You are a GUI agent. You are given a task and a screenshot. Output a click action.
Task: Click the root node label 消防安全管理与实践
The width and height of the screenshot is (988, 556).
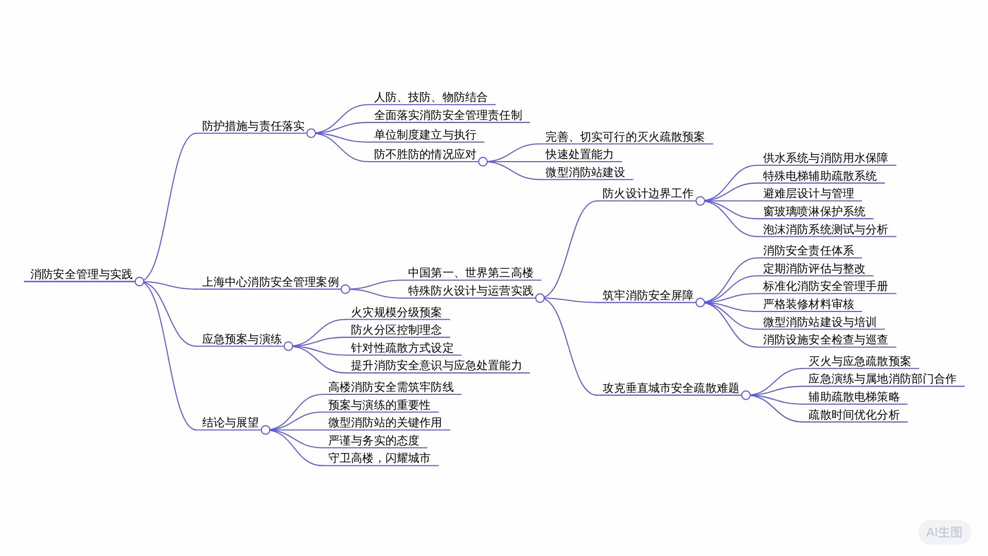[x=81, y=274]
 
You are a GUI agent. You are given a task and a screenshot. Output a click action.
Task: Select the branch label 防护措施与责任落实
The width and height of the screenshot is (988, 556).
[x=253, y=126]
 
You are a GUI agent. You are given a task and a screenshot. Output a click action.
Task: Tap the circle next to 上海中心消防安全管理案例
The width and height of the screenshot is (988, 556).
[x=345, y=289]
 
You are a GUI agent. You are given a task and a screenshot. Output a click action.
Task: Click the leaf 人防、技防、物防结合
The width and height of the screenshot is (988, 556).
[x=431, y=97]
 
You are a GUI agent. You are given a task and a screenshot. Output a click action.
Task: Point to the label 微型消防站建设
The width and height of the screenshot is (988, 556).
[x=585, y=172]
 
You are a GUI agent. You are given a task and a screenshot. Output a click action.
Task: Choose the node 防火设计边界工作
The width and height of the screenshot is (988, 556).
[x=648, y=194]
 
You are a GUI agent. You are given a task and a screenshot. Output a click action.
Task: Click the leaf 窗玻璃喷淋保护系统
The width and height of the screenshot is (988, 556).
[x=814, y=212]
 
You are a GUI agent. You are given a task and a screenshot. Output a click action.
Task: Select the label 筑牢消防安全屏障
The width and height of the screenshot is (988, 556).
[x=648, y=296]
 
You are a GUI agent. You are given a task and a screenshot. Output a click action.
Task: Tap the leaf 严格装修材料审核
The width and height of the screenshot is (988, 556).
[x=808, y=304]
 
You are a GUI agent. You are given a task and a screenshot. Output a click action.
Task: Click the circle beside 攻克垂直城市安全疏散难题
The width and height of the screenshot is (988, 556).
[x=746, y=395]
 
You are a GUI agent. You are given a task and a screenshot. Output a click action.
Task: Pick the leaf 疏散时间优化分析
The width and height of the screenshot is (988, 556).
[x=854, y=415]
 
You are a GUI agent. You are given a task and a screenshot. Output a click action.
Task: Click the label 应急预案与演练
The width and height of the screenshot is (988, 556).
[x=242, y=339]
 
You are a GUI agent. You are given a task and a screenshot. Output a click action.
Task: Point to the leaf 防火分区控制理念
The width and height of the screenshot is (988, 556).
[x=396, y=330]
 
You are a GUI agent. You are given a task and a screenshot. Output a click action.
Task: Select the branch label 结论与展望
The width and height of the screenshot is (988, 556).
[x=231, y=423]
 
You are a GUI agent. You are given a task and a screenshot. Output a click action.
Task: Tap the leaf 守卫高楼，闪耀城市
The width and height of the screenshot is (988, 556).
[x=379, y=458]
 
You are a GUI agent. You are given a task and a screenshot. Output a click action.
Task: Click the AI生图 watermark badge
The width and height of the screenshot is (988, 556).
[x=944, y=532]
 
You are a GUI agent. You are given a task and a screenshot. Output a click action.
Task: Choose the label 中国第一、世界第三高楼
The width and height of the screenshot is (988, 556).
[x=470, y=273]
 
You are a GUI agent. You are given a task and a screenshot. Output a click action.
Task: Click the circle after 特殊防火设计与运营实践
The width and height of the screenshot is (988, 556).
[x=540, y=298]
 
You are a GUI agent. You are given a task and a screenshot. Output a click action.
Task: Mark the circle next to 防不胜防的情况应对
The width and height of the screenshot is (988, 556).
[x=483, y=162]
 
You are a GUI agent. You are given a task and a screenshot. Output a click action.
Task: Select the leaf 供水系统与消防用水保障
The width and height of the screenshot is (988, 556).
[x=825, y=158]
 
